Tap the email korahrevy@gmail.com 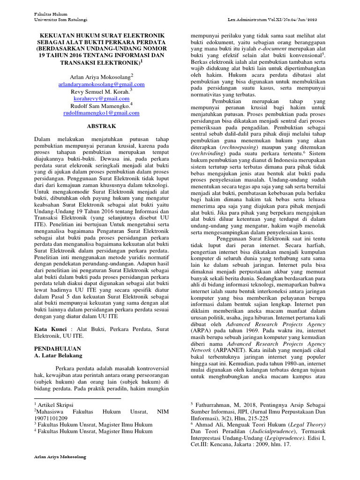pos(101,99)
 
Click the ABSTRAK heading pos(102,127)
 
